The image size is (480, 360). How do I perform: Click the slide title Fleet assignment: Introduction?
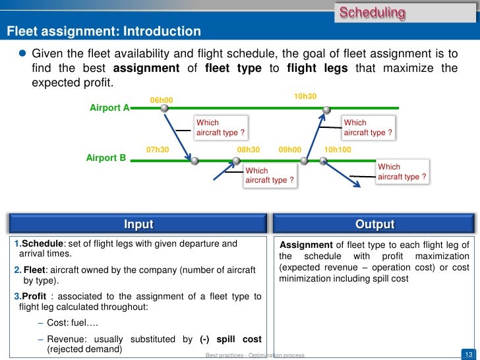[x=104, y=31]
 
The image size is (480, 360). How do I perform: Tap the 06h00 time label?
[x=162, y=100]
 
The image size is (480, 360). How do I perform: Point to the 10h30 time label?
[x=305, y=96]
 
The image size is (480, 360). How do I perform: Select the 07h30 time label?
[x=158, y=150]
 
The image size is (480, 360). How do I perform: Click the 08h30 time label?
[x=249, y=150]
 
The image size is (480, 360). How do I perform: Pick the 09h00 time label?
[x=290, y=150]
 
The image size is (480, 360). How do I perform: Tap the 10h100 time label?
[x=338, y=150]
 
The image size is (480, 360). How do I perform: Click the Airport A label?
[x=109, y=107]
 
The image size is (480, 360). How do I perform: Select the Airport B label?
[x=106, y=158]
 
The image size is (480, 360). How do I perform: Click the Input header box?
[x=138, y=225]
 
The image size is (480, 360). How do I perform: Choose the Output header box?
[x=375, y=225]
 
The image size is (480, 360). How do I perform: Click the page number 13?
[x=469, y=353]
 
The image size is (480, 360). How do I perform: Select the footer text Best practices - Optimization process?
[x=255, y=355]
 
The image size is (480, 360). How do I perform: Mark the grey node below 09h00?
[x=304, y=160]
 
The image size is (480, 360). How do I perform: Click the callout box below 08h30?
[x=269, y=175]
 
